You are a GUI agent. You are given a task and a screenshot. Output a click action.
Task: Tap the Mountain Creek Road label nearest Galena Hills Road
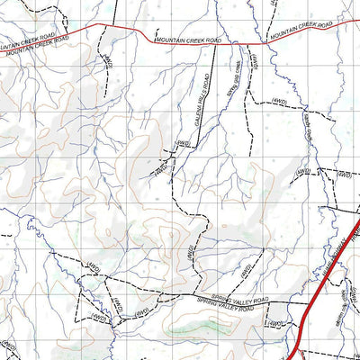pos(186,40)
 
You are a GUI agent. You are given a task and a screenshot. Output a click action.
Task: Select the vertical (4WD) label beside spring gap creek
pos(255,63)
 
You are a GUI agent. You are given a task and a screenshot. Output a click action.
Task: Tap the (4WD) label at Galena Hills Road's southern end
pos(185,144)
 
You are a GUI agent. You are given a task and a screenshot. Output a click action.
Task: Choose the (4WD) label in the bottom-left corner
pos(9,346)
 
